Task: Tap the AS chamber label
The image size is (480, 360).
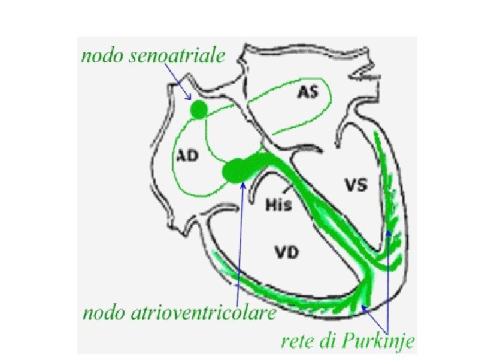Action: [307, 93]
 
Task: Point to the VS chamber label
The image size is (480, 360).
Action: [355, 184]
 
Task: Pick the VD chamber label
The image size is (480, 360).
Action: [287, 252]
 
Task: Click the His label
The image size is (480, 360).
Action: [278, 204]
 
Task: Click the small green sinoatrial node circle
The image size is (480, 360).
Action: [198, 110]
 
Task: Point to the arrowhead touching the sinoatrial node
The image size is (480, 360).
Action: [188, 100]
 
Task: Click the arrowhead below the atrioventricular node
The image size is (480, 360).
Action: [243, 185]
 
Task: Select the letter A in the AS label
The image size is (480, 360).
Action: [302, 93]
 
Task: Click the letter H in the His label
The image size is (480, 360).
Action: [270, 204]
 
